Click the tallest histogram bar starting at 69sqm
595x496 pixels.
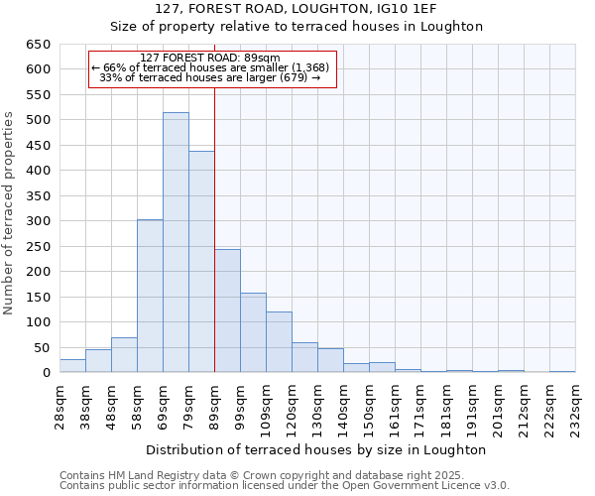coord(176,243)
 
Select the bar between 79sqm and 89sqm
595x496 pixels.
coord(201,262)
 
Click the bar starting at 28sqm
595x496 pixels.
coord(72,366)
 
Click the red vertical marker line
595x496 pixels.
coord(214,228)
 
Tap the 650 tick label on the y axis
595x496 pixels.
coord(38,45)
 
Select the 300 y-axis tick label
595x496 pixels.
coord(38,221)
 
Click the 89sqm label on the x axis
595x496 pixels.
coord(214,405)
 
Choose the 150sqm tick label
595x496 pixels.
coord(369,405)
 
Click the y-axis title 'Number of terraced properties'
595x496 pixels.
coord(10,213)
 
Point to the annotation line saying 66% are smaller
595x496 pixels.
coord(213,67)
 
